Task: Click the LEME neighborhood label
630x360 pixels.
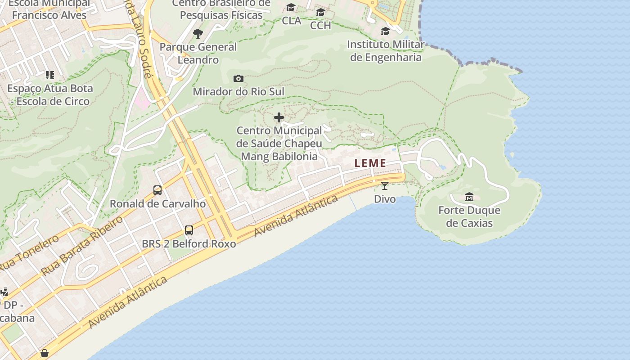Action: tap(370, 163)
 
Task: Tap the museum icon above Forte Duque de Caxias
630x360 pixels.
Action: tap(469, 197)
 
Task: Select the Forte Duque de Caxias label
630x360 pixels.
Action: tap(469, 216)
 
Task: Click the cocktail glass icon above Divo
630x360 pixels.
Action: tap(385, 185)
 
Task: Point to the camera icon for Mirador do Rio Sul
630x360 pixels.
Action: tap(238, 79)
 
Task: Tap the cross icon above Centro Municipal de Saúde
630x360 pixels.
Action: tap(279, 118)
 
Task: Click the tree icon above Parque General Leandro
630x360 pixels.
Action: tap(198, 33)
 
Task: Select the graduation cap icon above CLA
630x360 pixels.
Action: tap(291, 8)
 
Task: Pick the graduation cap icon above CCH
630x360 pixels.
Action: tap(320, 12)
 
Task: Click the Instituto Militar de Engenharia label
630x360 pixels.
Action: tap(386, 51)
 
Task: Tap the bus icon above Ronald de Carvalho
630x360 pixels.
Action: tap(157, 190)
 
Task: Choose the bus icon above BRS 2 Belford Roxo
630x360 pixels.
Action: tap(189, 230)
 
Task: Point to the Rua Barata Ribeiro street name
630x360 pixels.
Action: tap(82, 245)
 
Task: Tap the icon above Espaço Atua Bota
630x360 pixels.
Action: tap(49, 75)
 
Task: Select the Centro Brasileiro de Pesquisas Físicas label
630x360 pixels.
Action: tap(221, 9)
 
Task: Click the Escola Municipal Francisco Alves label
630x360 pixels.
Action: tap(49, 9)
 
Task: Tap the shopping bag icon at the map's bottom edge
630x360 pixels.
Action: tap(45, 353)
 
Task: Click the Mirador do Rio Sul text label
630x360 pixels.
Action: tap(238, 92)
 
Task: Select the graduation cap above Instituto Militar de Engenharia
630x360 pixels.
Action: tap(385, 31)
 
